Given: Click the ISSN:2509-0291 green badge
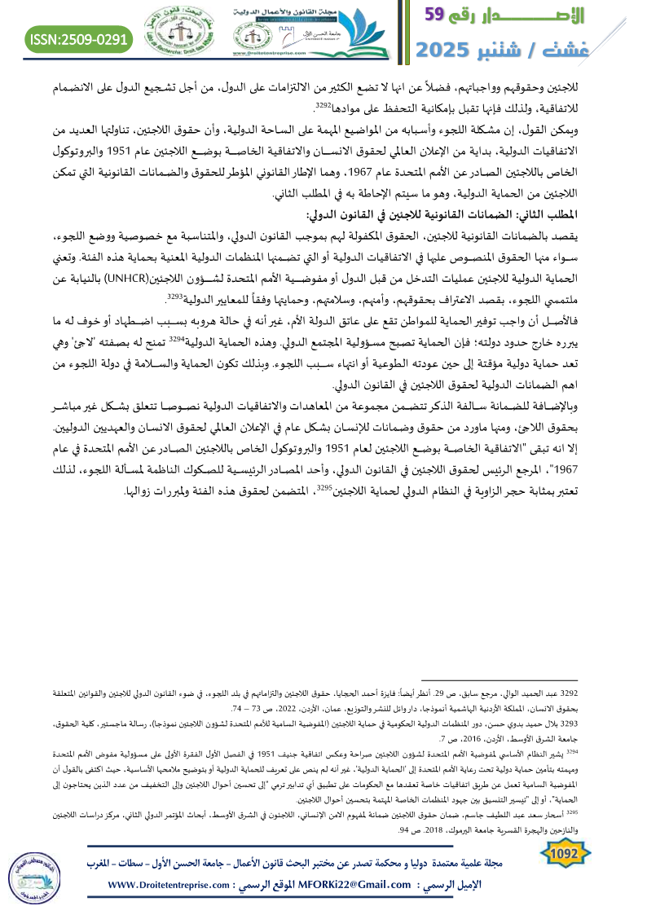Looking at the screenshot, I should click(x=79, y=37).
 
